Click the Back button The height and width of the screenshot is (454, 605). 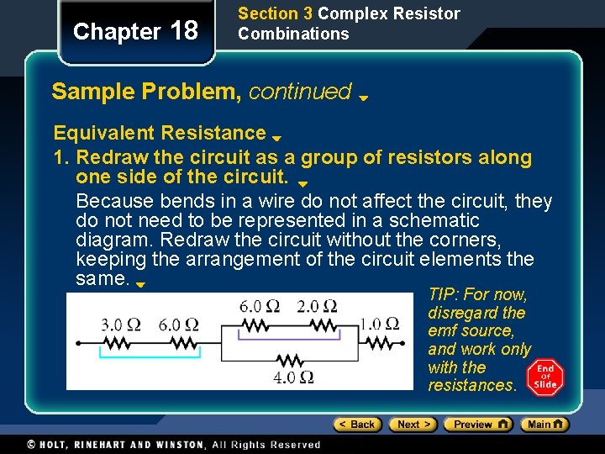click(357, 425)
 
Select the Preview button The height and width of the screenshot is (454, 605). click(477, 425)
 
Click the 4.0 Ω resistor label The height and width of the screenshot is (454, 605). click(294, 377)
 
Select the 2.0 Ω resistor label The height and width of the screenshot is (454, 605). click(318, 306)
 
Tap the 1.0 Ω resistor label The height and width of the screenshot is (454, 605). click(381, 324)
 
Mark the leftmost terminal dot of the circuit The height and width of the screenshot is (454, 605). click(77, 343)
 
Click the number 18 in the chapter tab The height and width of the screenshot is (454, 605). click(184, 31)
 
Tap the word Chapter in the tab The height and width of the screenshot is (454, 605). click(117, 32)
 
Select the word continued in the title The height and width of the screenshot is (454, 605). click(300, 91)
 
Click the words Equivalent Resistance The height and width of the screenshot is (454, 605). click(160, 133)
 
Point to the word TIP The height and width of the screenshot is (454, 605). click(443, 295)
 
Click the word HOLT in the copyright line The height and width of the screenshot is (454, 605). click(56, 445)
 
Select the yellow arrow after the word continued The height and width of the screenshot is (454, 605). click(364, 98)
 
